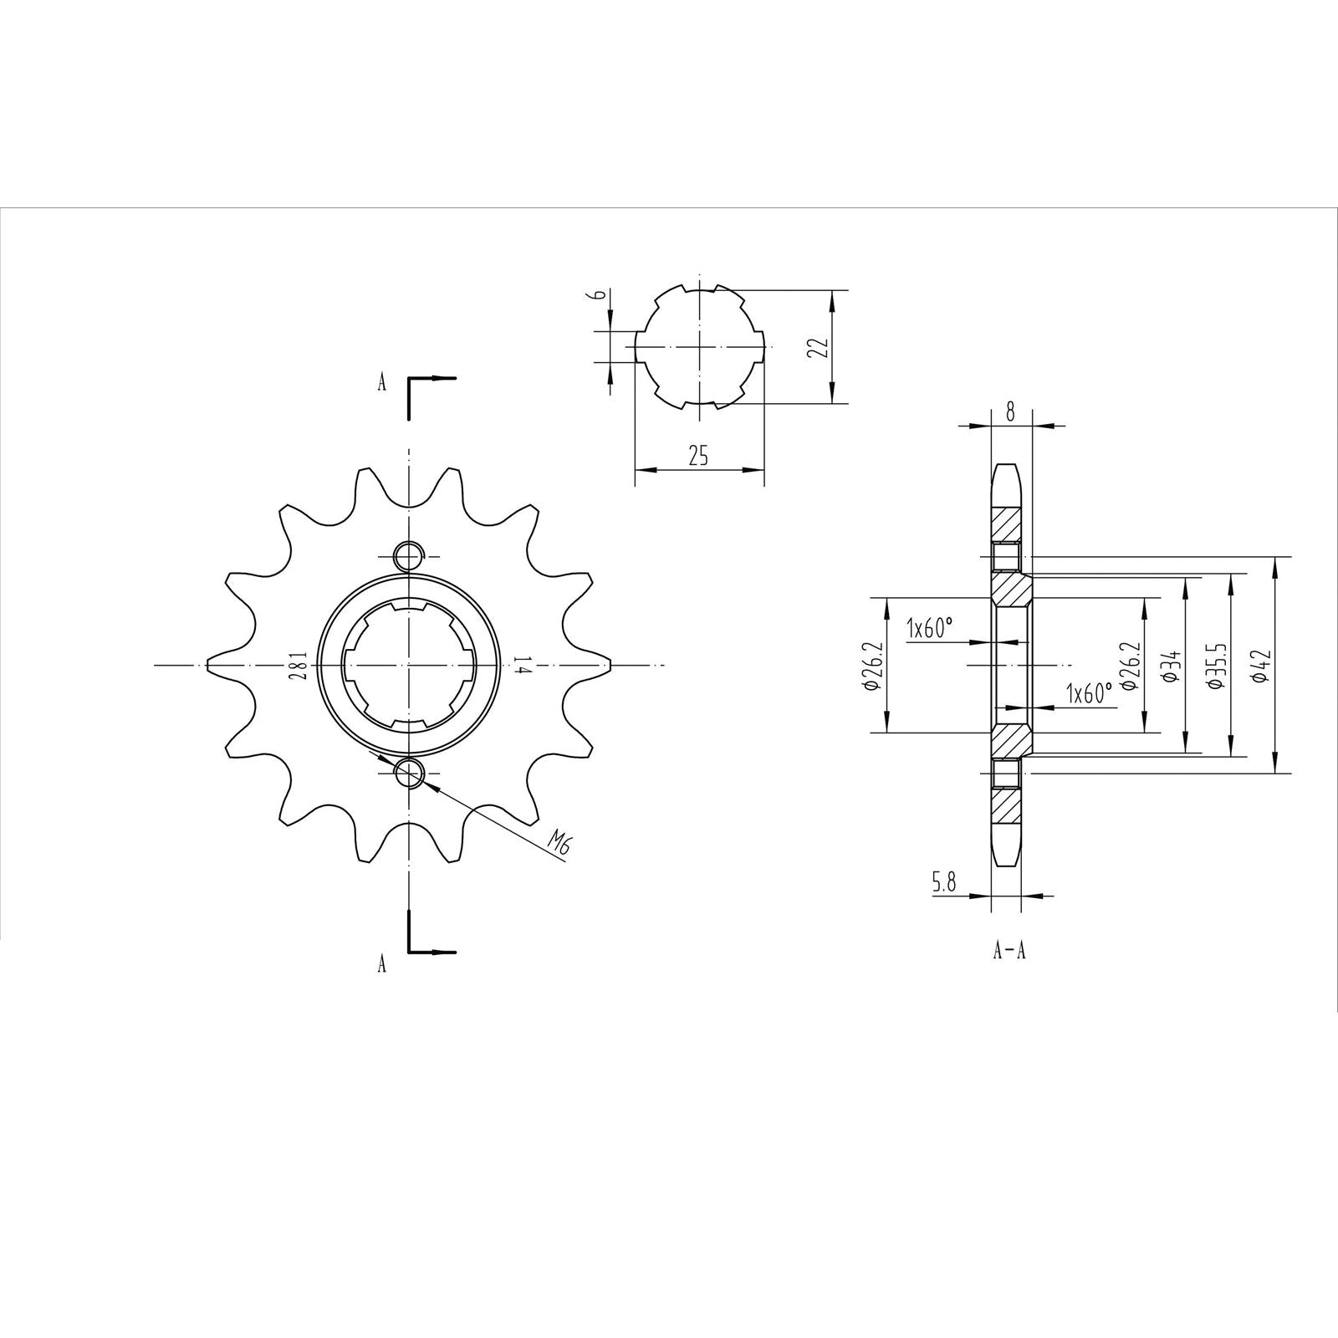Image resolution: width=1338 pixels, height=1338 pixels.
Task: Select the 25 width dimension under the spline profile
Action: point(698,456)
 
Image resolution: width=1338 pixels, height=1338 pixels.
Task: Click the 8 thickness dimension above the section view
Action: point(1010,411)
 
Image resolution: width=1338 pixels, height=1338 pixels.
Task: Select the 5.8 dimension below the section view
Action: point(944,882)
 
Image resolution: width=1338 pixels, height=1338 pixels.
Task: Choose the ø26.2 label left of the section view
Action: point(871,666)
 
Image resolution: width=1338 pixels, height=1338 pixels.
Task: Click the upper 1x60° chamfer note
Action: point(929,628)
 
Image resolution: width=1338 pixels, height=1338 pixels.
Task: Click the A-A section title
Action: point(1009,952)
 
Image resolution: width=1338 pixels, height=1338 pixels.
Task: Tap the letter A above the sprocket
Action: point(382,383)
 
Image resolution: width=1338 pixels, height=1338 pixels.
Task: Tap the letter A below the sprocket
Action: point(382,964)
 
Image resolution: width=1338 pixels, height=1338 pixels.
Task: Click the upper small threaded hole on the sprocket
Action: point(408,554)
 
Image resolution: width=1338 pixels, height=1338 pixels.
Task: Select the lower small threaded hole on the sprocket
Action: point(409,774)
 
